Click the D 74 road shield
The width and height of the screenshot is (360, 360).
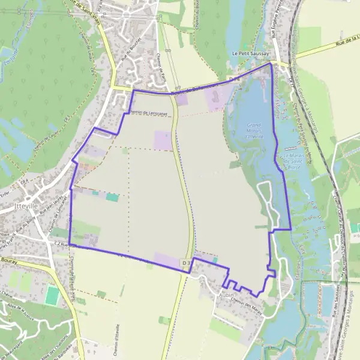click(x=233, y=79)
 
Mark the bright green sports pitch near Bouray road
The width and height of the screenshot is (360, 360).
click(x=52, y=295)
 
